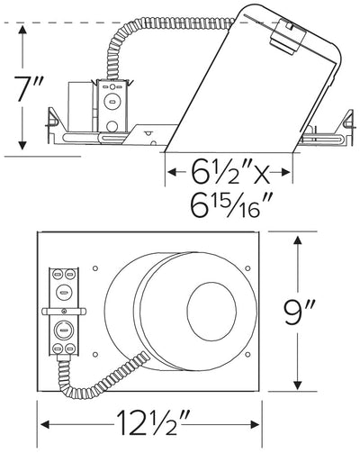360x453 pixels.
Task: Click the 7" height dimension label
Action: (x=29, y=88)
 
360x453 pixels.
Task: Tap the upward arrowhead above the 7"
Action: (x=22, y=31)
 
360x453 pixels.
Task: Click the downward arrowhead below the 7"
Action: (x=22, y=145)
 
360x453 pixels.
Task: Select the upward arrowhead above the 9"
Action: (x=298, y=242)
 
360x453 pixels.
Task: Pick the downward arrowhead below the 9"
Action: (x=298, y=384)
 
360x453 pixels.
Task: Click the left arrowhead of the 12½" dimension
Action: (x=45, y=424)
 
